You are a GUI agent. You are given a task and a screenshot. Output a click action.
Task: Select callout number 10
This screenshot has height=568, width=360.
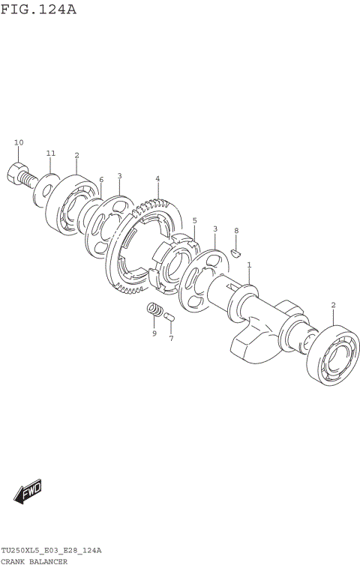click(x=19, y=142)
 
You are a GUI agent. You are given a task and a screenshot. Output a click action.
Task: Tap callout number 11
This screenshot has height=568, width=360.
click(x=51, y=154)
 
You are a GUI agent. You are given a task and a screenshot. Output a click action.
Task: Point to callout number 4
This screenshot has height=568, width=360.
click(x=157, y=178)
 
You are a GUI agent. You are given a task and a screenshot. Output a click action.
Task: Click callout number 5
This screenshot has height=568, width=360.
click(x=194, y=220)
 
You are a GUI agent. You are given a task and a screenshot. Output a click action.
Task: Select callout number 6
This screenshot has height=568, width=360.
click(x=101, y=180)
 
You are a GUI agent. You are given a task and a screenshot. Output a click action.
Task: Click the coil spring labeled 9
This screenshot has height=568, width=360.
click(x=155, y=309)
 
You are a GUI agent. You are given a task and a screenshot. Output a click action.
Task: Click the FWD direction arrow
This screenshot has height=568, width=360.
click(x=28, y=491)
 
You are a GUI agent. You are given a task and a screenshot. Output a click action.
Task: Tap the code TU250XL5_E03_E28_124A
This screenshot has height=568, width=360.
click(x=51, y=551)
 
